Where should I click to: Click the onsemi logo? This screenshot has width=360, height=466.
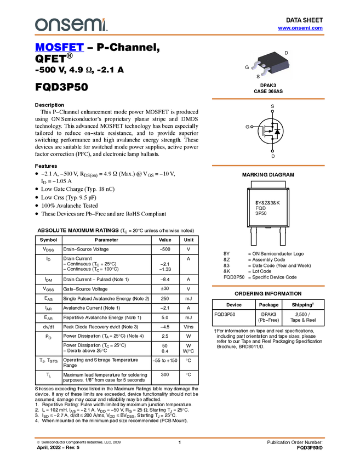pyautogui.click(x=70, y=25)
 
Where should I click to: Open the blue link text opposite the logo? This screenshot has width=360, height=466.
pyautogui.click(x=300, y=28)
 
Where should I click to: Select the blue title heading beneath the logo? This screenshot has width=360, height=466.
pyautogui.click(x=59, y=48)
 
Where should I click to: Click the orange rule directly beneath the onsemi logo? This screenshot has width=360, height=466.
pyautogui.click(x=179, y=35)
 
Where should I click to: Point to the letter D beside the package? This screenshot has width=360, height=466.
pyautogui.click(x=286, y=53)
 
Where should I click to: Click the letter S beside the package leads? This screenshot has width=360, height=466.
pyautogui.click(x=258, y=77)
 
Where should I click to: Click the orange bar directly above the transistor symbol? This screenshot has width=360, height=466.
pyautogui.click(x=268, y=99)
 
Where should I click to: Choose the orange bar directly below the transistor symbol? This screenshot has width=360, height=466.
pyautogui.click(x=268, y=166)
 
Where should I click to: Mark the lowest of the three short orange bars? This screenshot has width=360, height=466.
pyautogui.click(x=268, y=286)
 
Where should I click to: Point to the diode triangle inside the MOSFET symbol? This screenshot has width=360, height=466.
pyautogui.click(x=277, y=132)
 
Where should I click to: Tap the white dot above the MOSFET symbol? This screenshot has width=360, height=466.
pyautogui.click(x=272, y=111)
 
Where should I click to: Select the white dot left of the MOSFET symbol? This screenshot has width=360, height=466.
pyautogui.click(x=252, y=127)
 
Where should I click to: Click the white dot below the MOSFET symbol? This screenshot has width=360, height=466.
pyautogui.click(x=272, y=151)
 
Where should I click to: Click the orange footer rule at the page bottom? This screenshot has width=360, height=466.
pyautogui.click(x=179, y=438)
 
